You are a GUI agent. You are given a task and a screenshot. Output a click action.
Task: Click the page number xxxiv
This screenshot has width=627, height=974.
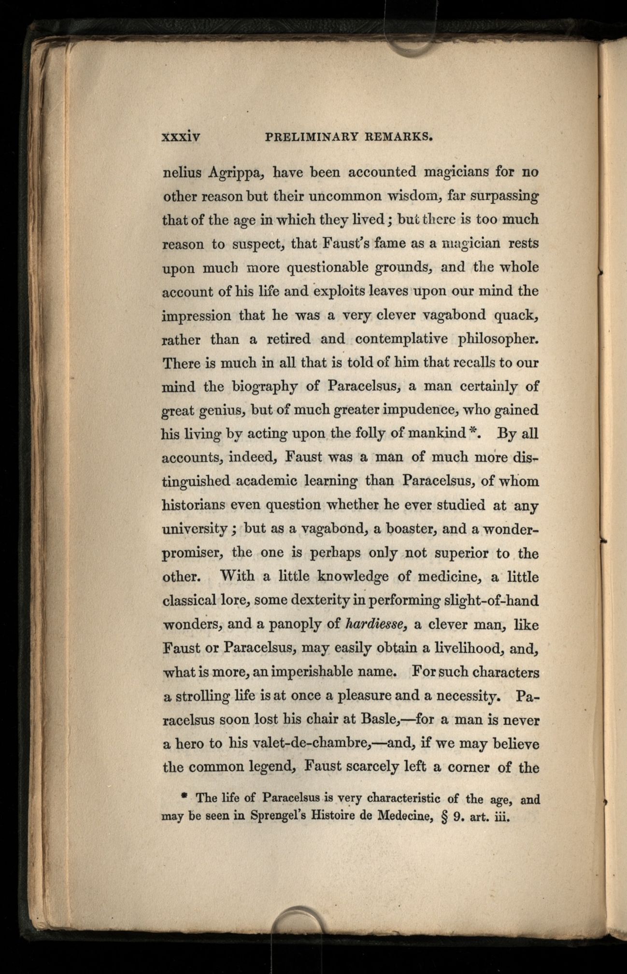click(x=181, y=137)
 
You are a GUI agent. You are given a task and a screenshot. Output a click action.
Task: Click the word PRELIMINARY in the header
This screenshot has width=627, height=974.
click(x=312, y=137)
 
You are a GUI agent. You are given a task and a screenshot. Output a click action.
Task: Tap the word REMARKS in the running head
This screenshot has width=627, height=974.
click(x=398, y=137)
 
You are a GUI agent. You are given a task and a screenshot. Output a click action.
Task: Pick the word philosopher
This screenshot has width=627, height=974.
click(x=498, y=339)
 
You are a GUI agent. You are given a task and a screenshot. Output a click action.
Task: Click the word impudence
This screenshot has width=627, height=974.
click(x=419, y=410)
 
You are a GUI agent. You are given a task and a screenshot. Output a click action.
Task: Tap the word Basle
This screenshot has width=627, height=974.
click(x=379, y=720)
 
